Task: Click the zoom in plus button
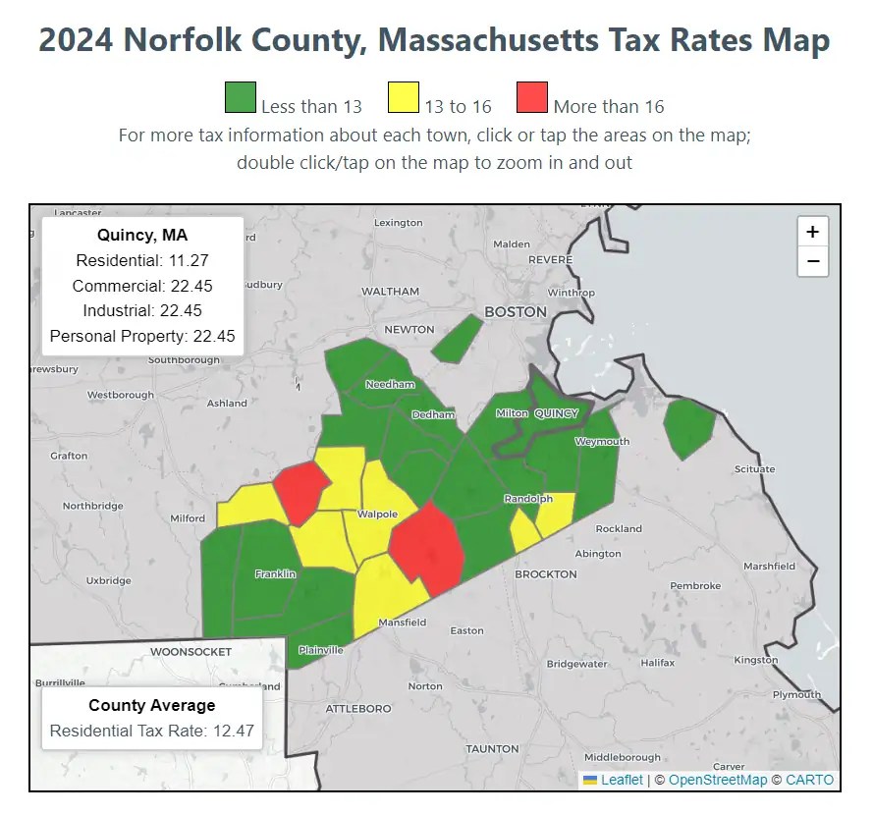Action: click(x=812, y=233)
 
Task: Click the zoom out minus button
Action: click(x=812, y=261)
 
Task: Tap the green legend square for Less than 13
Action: click(x=241, y=99)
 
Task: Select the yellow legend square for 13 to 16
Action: click(x=404, y=99)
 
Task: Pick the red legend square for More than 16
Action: click(x=531, y=99)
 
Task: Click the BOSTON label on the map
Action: click(x=516, y=312)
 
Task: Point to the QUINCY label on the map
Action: click(x=556, y=413)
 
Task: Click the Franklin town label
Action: click(x=275, y=573)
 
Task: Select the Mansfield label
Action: click(x=403, y=623)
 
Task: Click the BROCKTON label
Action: click(x=546, y=573)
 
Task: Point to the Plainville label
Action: click(x=321, y=650)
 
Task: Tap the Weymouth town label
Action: click(x=602, y=442)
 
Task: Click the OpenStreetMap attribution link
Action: click(x=717, y=780)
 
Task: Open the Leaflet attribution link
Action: click(x=622, y=780)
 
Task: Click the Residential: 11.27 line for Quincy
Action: click(x=142, y=260)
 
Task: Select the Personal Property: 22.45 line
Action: click(x=142, y=336)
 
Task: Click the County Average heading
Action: click(x=151, y=705)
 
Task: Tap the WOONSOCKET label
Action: click(x=191, y=651)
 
